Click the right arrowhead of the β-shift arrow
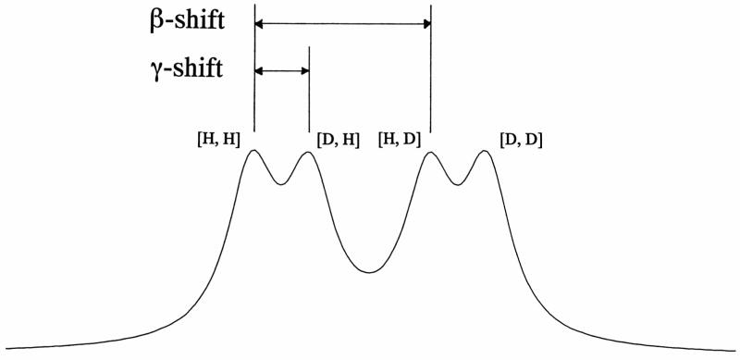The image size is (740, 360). pyautogui.click(x=426, y=24)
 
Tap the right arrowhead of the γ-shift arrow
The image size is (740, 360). pyautogui.click(x=304, y=70)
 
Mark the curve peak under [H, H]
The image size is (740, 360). pyautogui.click(x=253, y=151)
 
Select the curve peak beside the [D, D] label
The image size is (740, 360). pyautogui.click(x=484, y=151)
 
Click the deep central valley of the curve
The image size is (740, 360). pyautogui.click(x=369, y=271)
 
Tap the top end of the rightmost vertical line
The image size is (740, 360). pyautogui.click(x=431, y=7)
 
